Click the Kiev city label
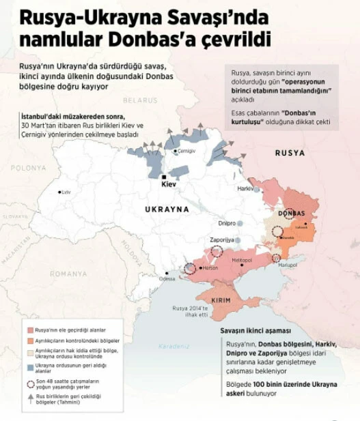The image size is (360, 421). point(168,184)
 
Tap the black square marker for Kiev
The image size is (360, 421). point(164,177)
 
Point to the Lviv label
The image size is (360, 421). point(66,192)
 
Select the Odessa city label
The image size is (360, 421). point(167,278)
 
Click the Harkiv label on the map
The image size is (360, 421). point(245,188)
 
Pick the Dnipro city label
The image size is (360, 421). point(227,223)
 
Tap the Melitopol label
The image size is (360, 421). point(241,261)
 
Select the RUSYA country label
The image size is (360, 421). point(290,153)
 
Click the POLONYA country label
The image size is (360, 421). point(28,167)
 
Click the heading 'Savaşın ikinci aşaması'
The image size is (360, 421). point(255,330)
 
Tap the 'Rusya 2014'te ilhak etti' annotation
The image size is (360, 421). point(189,310)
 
